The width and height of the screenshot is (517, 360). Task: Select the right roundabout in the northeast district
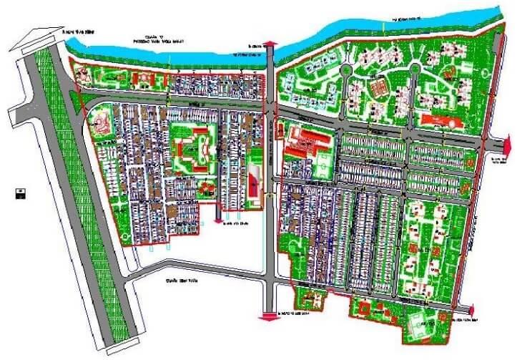point(413,68)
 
